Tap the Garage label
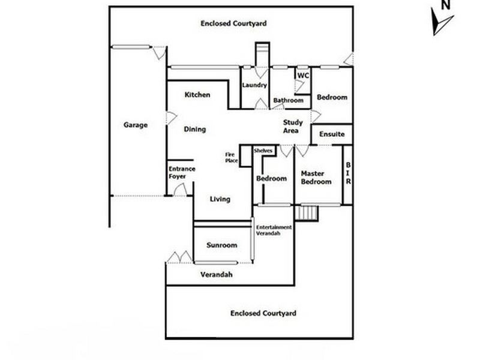[x=136, y=125]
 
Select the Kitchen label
[x=197, y=95]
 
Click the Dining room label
[x=195, y=129]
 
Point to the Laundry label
[x=254, y=85]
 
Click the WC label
[x=303, y=76]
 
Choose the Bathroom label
[x=288, y=100]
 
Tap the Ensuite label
[x=332, y=134]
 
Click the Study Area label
[x=293, y=127]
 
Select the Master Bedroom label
[x=316, y=177]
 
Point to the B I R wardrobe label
[x=347, y=173]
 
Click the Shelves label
[x=263, y=151]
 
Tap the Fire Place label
[x=231, y=158]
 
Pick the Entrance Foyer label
[x=181, y=173]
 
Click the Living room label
[x=220, y=200]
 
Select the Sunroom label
[x=221, y=245]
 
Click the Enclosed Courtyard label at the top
[x=234, y=23]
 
